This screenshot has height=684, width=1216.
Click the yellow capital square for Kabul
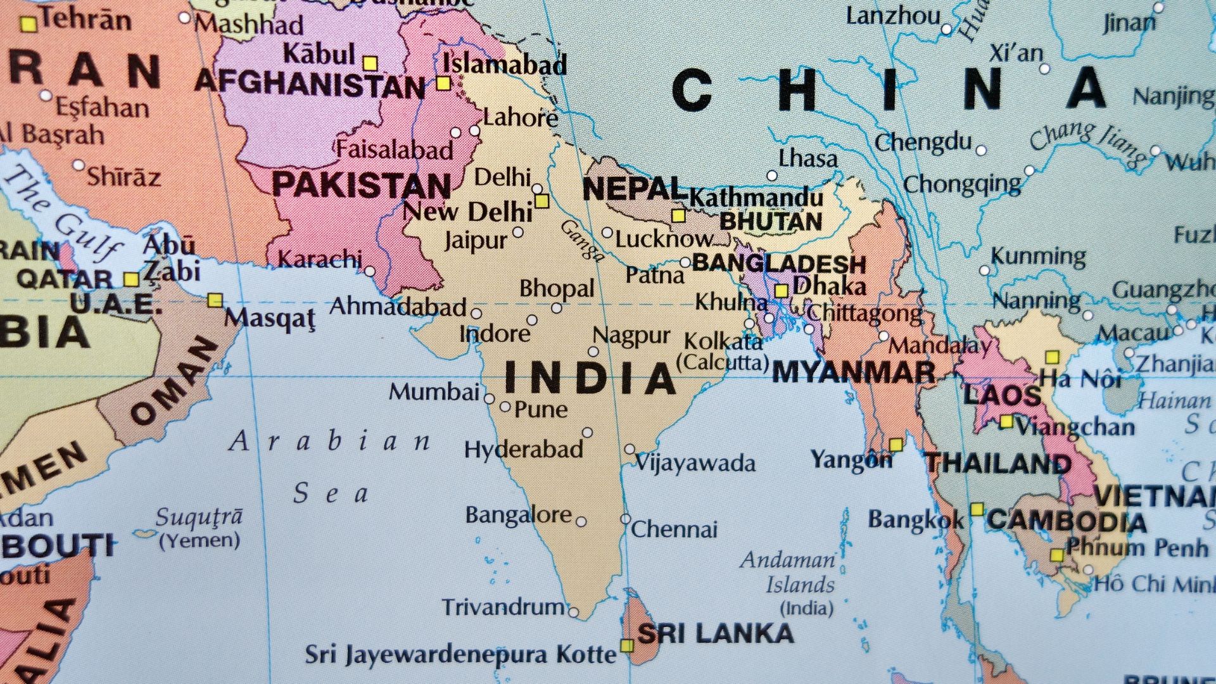pos(370,63)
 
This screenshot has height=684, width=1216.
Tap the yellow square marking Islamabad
pos(443,84)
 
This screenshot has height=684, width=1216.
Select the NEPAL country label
pos(632,188)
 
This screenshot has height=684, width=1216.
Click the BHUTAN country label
pos(771,222)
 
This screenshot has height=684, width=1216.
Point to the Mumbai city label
pos(434,392)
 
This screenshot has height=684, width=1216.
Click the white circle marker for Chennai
pos(625,519)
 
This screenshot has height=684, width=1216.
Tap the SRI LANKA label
pos(715,633)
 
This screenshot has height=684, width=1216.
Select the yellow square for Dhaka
pos(782,291)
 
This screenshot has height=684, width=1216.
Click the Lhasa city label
pos(807,158)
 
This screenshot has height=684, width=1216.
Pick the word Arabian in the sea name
pos(330,441)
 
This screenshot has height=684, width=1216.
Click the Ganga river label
pos(582,240)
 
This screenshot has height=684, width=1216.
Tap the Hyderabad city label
pos(524,450)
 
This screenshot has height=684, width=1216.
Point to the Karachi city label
pos(320,258)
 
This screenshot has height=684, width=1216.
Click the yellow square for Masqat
pos(215,300)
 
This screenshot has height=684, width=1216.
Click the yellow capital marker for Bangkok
pos(977,509)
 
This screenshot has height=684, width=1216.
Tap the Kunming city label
pos(1038,256)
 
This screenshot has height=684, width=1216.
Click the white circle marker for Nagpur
pos(593,351)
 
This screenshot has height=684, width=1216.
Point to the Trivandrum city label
pos(503,607)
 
